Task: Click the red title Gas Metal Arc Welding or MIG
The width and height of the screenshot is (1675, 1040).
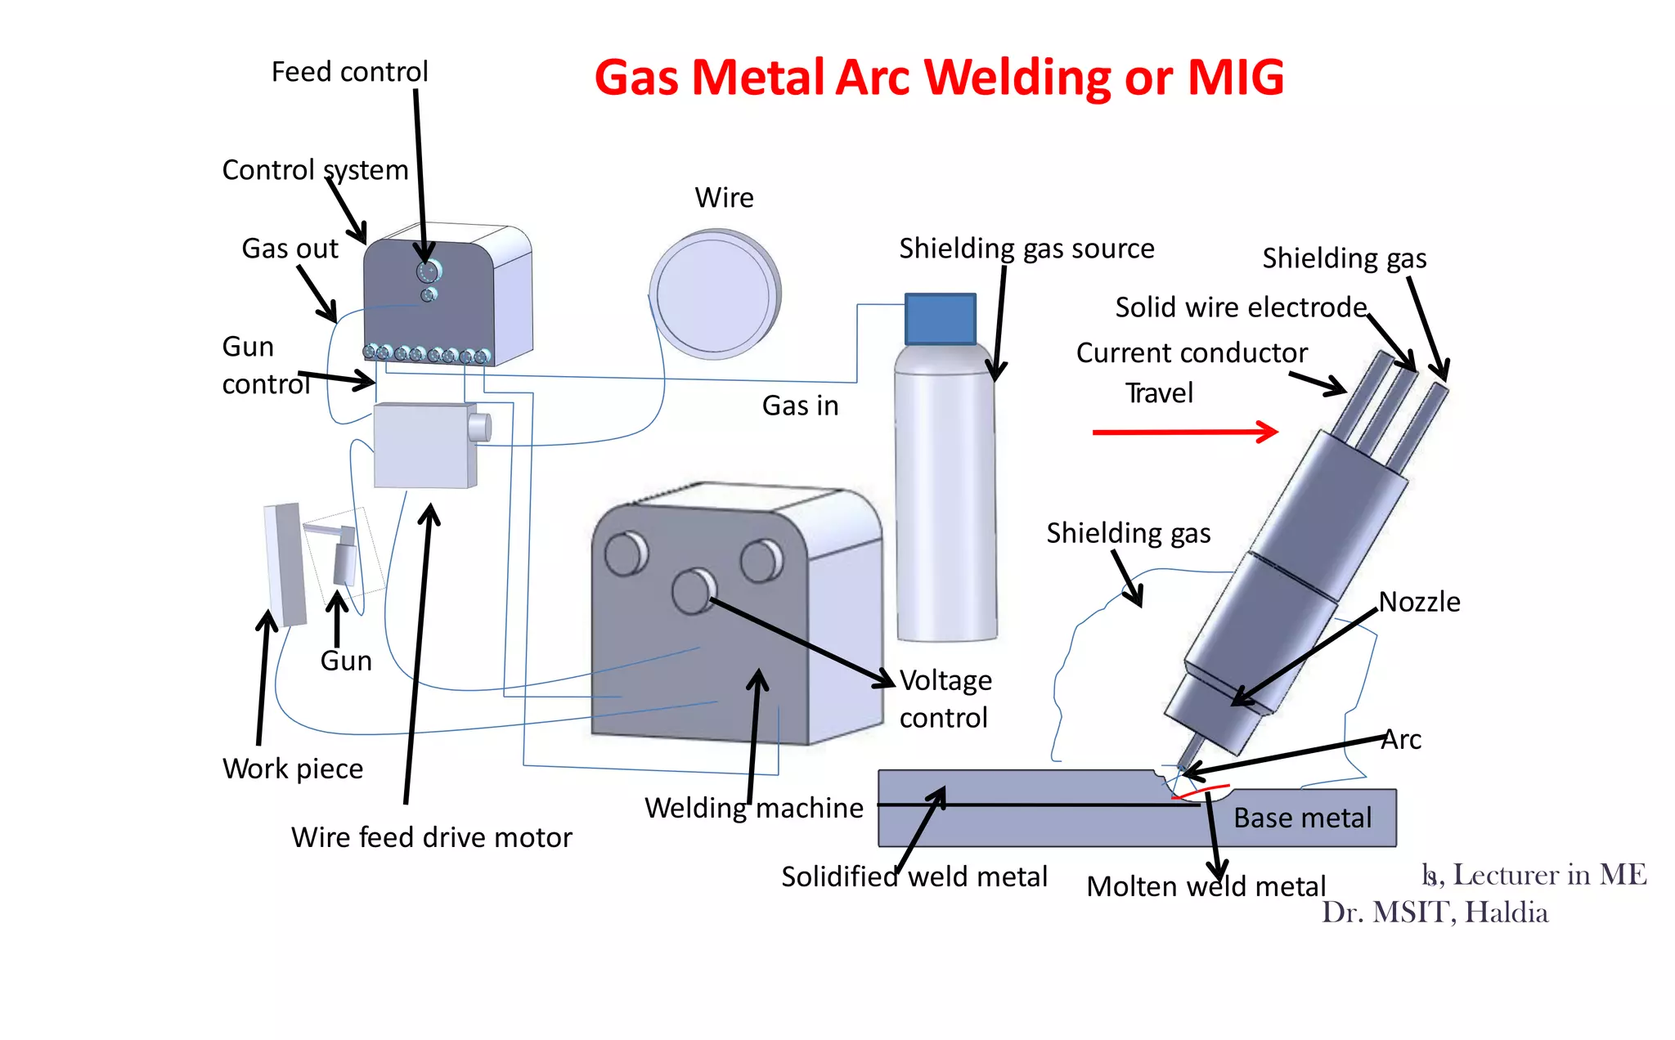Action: tap(938, 78)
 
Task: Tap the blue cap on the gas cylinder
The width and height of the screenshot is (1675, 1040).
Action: tap(940, 319)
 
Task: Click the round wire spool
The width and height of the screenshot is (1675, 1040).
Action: tap(715, 294)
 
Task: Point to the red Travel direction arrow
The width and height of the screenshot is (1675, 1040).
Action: tap(1185, 431)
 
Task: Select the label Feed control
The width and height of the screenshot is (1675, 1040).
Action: tap(349, 72)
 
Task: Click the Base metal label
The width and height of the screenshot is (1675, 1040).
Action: tap(1302, 818)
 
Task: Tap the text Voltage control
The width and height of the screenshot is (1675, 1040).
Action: tap(945, 698)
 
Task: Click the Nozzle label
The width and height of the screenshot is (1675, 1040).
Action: tap(1419, 602)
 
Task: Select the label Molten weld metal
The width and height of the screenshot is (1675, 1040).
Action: tap(1206, 886)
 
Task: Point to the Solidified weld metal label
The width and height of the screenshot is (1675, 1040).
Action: tap(914, 876)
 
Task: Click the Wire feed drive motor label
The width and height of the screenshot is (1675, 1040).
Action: tap(431, 837)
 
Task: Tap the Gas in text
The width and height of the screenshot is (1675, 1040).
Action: tap(800, 406)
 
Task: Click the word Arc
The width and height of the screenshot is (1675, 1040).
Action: tap(1402, 739)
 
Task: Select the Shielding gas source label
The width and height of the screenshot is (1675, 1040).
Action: tap(1026, 249)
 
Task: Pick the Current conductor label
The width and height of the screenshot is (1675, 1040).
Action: tap(1192, 353)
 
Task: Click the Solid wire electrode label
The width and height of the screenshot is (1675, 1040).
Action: tap(1241, 307)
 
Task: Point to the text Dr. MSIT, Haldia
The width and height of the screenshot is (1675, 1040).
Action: tap(1435, 912)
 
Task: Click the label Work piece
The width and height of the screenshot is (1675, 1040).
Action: tap(293, 769)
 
